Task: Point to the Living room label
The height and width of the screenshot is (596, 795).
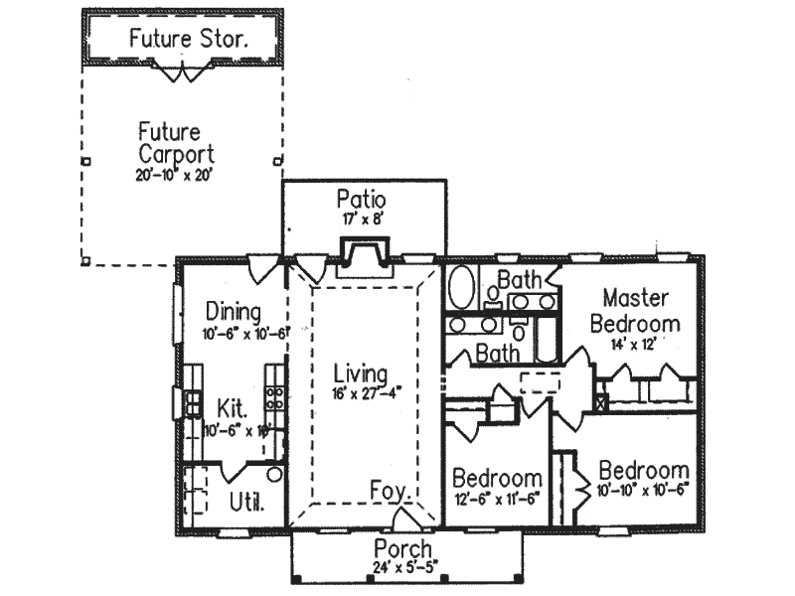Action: click(359, 373)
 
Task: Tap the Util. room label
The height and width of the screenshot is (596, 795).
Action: click(246, 502)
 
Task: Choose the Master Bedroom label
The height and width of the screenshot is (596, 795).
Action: click(635, 310)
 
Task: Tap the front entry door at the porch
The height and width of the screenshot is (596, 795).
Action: click(404, 521)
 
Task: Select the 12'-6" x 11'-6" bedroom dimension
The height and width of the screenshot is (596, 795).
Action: click(496, 499)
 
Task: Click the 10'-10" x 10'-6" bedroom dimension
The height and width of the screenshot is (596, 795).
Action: click(643, 491)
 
